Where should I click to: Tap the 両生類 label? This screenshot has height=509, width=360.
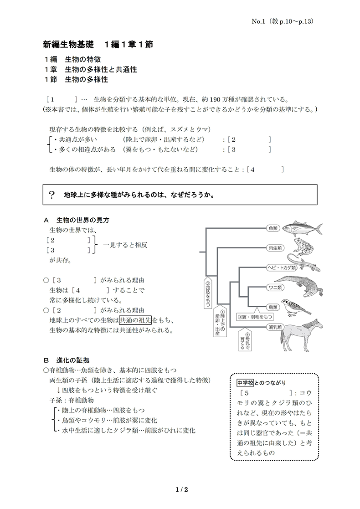point(273,248)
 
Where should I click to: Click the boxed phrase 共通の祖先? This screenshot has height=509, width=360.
point(136,320)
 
